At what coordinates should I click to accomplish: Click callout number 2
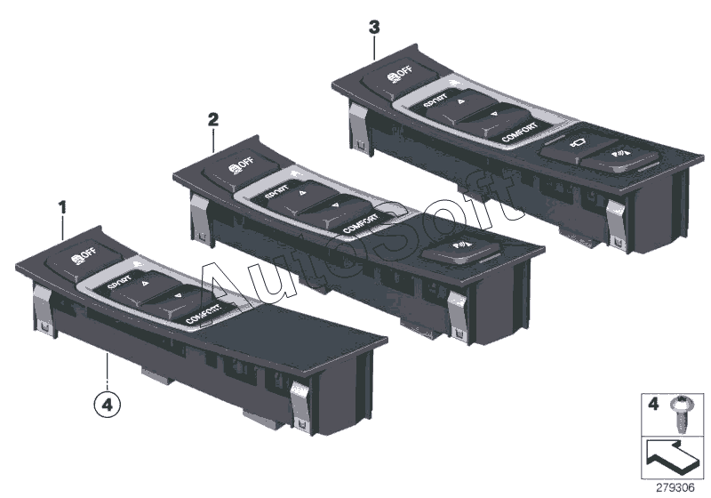point(212,117)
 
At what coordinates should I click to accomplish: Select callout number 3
point(374,28)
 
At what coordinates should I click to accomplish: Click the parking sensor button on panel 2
point(461,247)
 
